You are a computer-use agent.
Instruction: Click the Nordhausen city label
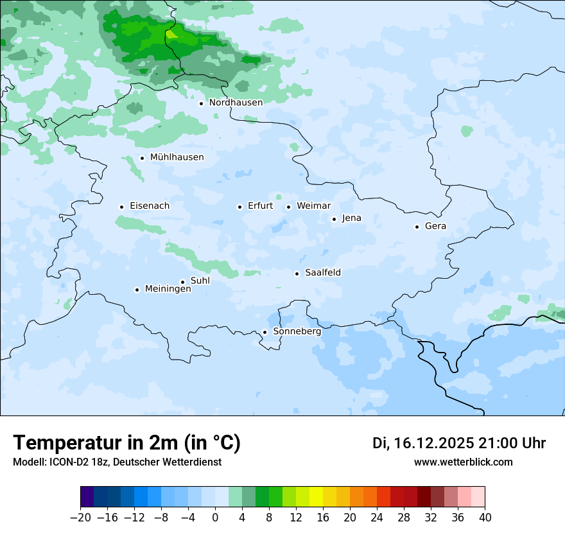[x=236, y=103]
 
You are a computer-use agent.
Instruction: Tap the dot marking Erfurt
[x=239, y=207]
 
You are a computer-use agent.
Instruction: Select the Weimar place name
[x=313, y=206]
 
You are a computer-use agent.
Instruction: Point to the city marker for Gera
[x=417, y=227]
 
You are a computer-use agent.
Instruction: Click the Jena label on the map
[x=351, y=218]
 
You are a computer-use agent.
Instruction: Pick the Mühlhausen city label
[x=177, y=157]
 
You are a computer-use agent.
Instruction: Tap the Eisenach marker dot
[x=121, y=207]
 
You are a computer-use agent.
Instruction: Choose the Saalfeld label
[x=322, y=273]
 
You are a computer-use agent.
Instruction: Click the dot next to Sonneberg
[x=265, y=333]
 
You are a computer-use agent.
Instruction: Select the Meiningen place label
[x=168, y=289]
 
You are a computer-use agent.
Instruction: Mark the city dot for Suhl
[x=182, y=282]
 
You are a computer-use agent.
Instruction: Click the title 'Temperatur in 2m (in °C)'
[x=126, y=442]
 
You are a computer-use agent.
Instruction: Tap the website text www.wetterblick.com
[x=463, y=462]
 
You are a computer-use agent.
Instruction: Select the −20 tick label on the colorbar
[x=80, y=517]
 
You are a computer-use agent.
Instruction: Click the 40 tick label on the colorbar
[x=485, y=517]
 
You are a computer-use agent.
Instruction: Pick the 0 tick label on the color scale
[x=215, y=517]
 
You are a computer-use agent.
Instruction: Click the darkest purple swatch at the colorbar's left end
[x=87, y=497]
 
